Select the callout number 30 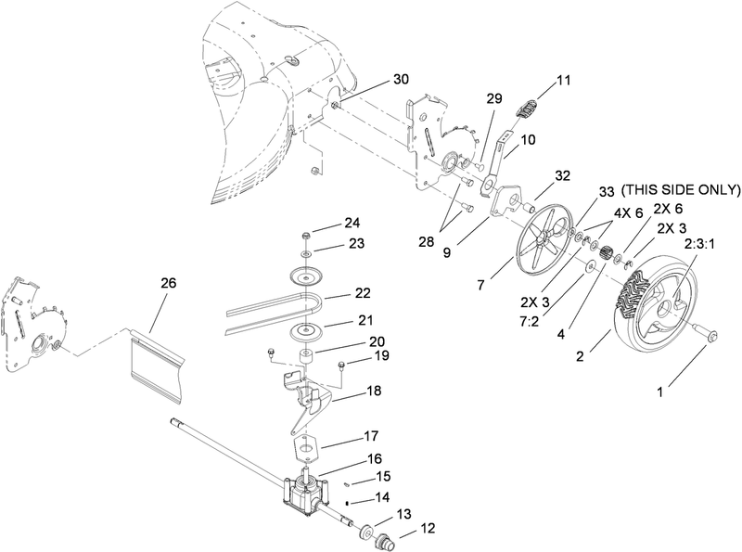(x=400, y=80)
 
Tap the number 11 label (x=563, y=83)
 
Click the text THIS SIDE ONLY (x=680, y=190)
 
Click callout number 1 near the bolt (x=660, y=392)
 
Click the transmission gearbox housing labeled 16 (x=304, y=493)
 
